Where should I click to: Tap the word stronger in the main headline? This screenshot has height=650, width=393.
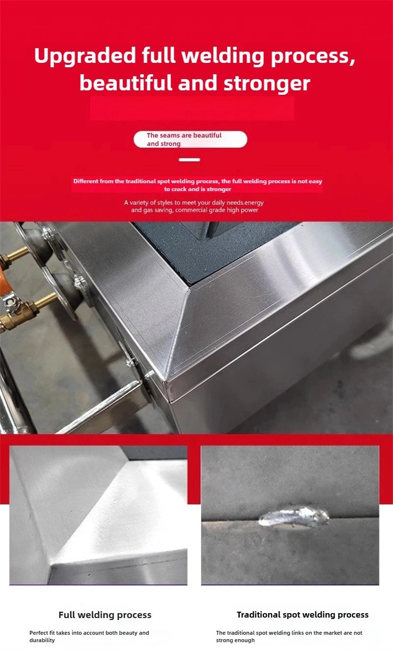[x=267, y=84]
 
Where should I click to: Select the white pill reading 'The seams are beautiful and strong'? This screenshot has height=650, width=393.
[x=191, y=140]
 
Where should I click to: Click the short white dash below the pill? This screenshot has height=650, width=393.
[x=189, y=160]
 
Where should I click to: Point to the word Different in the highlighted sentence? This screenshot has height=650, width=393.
[x=86, y=181]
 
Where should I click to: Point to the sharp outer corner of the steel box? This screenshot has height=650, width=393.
[x=165, y=380]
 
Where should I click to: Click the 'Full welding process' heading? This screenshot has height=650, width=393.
[x=105, y=615]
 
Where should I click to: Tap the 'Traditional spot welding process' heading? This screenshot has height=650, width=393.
[x=303, y=615]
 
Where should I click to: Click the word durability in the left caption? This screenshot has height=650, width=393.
[x=42, y=640]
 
